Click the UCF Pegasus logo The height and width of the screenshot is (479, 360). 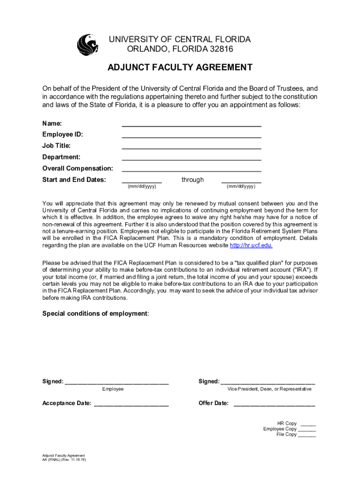pyautogui.click(x=87, y=44)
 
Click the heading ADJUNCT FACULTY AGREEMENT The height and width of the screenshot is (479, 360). pyautogui.click(x=180, y=67)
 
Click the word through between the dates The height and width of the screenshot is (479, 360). pyautogui.click(x=193, y=180)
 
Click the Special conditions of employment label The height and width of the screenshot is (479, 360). pyautogui.click(x=95, y=313)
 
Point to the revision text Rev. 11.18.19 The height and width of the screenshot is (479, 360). pyautogui.click(x=75, y=460)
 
